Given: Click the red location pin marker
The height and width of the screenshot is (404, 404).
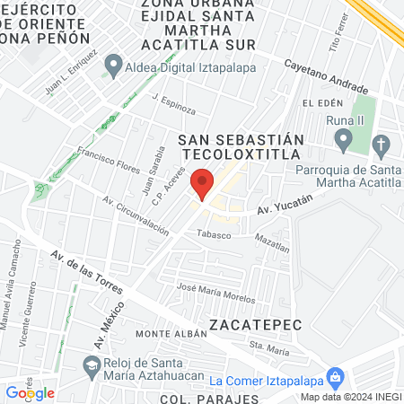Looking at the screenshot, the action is (203, 183).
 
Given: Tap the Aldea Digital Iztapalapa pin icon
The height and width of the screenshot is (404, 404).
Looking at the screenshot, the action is (113, 65).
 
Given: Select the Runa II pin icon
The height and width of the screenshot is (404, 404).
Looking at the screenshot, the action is (343, 140).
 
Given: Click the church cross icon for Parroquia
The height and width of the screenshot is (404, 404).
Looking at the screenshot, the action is (381, 145).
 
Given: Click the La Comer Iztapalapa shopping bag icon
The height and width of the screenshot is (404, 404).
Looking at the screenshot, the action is (335, 377).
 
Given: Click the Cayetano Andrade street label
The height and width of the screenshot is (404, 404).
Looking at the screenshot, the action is (326, 77).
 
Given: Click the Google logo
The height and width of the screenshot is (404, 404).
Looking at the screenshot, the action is (30, 392).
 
